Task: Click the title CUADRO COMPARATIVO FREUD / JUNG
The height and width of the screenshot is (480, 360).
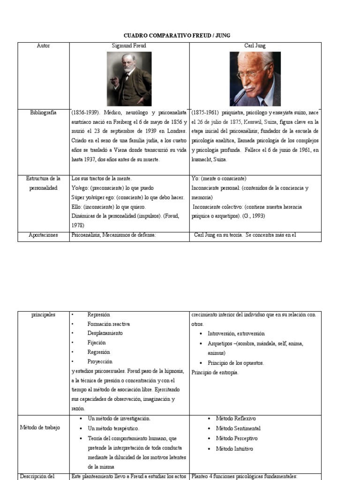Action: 177,36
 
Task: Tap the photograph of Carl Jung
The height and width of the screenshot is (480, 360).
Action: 255,78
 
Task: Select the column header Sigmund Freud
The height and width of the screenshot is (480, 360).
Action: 129,46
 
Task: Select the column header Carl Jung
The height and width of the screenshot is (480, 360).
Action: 255,46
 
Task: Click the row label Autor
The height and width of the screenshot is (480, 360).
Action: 43,46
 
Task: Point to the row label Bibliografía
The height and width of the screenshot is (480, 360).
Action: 43,112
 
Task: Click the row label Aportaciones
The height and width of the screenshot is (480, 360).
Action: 43,235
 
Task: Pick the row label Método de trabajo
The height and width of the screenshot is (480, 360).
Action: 40,427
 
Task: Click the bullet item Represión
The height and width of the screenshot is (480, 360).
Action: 98,315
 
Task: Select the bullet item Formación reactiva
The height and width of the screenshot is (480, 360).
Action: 108,324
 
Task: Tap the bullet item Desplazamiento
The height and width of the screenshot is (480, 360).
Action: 105,333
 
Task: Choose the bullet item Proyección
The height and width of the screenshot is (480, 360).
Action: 100,361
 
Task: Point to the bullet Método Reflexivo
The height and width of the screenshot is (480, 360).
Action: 236,418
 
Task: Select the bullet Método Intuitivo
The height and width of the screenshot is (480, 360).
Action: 234,449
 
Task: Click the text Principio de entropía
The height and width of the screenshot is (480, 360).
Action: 215,372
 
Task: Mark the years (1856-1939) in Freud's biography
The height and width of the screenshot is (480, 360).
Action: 85,113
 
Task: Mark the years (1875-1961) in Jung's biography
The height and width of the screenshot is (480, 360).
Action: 205,113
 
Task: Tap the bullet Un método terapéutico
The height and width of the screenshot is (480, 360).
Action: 113,428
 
